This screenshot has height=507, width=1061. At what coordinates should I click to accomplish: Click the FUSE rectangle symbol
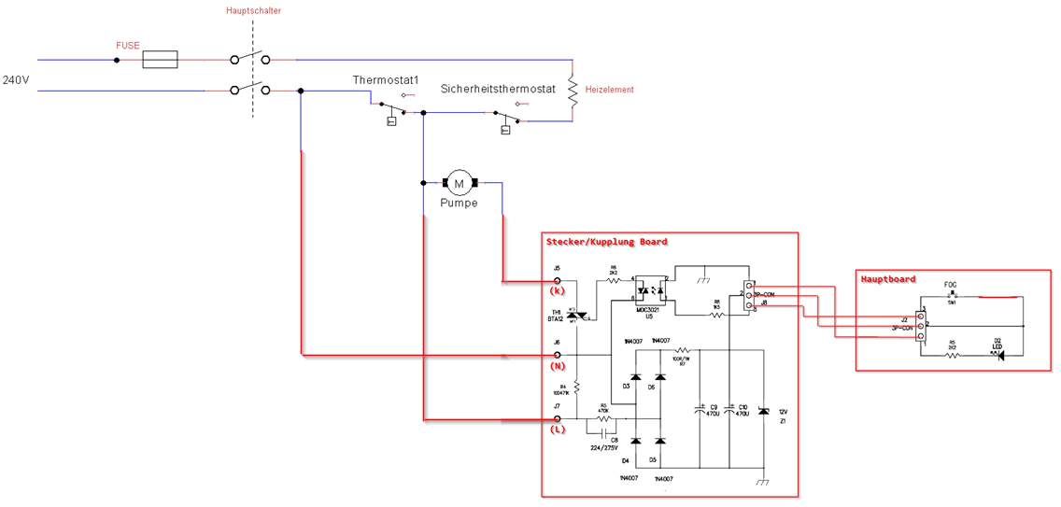[160, 60]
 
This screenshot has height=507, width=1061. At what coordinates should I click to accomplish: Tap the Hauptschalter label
[253, 10]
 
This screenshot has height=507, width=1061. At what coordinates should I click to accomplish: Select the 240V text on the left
[16, 80]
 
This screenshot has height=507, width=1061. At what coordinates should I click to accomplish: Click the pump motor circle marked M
[458, 182]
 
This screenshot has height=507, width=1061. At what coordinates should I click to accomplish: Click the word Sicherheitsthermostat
[499, 89]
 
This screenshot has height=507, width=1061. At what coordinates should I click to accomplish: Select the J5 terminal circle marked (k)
[558, 280]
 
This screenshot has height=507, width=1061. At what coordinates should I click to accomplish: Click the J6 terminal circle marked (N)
[558, 355]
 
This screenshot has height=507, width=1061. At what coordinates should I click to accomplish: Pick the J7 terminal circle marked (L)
[558, 419]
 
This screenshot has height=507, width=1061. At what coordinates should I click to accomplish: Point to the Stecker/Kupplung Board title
[606, 242]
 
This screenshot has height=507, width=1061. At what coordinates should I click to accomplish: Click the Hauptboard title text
[888, 278]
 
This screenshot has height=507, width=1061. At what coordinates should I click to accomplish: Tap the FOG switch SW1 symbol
[951, 297]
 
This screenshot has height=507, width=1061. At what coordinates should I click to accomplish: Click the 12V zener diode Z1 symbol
[764, 411]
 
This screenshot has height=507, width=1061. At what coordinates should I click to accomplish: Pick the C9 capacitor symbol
[700, 409]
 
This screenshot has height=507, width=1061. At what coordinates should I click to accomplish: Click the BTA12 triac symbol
[576, 316]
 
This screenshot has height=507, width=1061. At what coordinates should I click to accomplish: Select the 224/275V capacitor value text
[605, 447]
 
